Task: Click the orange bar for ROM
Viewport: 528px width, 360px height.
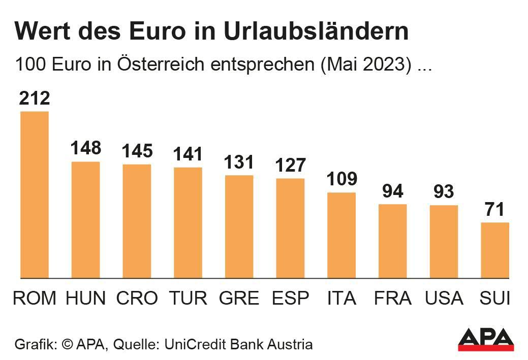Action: (x=35, y=194)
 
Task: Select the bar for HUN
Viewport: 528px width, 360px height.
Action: (x=85, y=220)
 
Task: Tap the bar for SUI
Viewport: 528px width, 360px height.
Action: (x=495, y=250)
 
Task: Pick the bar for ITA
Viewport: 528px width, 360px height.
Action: (x=341, y=235)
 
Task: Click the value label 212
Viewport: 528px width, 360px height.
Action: (x=35, y=98)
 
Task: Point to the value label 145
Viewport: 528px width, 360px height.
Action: (x=137, y=151)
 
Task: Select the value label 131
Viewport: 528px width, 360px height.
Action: (x=239, y=162)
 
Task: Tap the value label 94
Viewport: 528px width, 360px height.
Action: (x=393, y=191)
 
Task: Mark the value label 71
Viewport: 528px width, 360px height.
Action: (x=495, y=209)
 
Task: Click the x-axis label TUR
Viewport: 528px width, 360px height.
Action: (x=188, y=298)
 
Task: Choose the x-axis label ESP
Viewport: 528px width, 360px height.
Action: (x=290, y=298)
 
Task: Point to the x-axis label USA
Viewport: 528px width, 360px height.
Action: (x=444, y=298)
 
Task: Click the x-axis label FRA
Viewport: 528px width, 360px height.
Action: (x=393, y=298)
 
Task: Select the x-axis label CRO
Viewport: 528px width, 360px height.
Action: (x=137, y=298)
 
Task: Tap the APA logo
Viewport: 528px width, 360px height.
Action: (x=486, y=339)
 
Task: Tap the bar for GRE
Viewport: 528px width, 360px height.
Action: (x=239, y=226)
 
